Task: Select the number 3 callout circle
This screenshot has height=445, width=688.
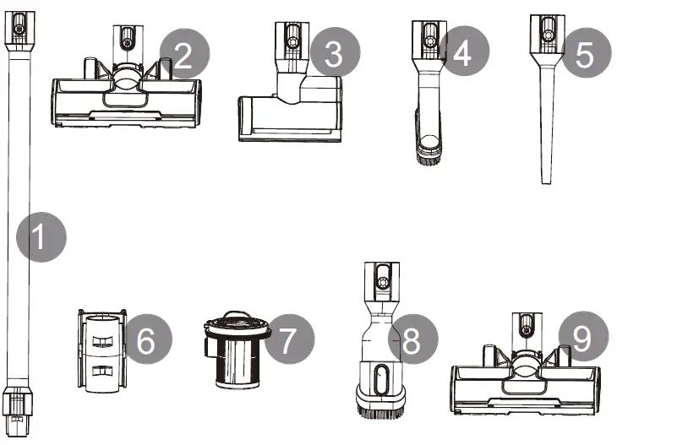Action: coord(335,54)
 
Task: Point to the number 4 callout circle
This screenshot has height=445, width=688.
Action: coord(460,53)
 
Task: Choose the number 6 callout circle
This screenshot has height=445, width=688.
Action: coord(147,341)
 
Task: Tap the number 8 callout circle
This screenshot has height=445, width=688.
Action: coord(412,341)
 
